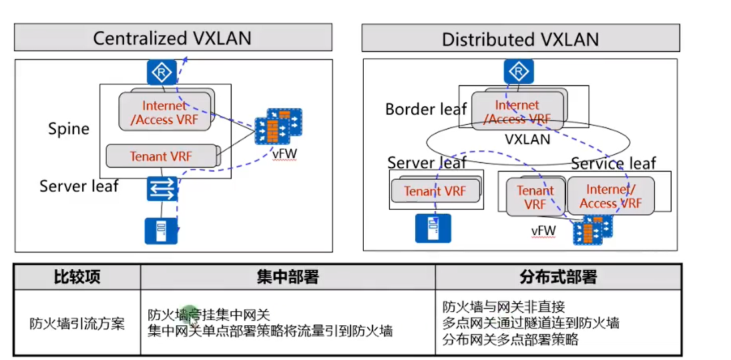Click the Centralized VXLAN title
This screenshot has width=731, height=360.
[x=172, y=38]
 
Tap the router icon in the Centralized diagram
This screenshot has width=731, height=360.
[x=161, y=71]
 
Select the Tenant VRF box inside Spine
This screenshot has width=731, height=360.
[x=161, y=156]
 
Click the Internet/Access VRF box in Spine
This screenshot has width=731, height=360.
[x=166, y=112]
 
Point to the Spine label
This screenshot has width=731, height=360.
[x=69, y=128]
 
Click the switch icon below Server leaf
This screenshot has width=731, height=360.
[x=162, y=189]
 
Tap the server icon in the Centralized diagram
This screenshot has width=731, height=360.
[x=161, y=230]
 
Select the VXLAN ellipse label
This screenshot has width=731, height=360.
[x=527, y=140]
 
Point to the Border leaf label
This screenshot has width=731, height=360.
[x=425, y=109]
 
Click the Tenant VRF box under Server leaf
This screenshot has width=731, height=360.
[x=435, y=192]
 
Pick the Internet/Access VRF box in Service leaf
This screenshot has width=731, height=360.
[x=610, y=196]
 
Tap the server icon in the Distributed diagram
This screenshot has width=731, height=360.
[x=432, y=228]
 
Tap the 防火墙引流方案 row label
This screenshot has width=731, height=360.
[x=77, y=325]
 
